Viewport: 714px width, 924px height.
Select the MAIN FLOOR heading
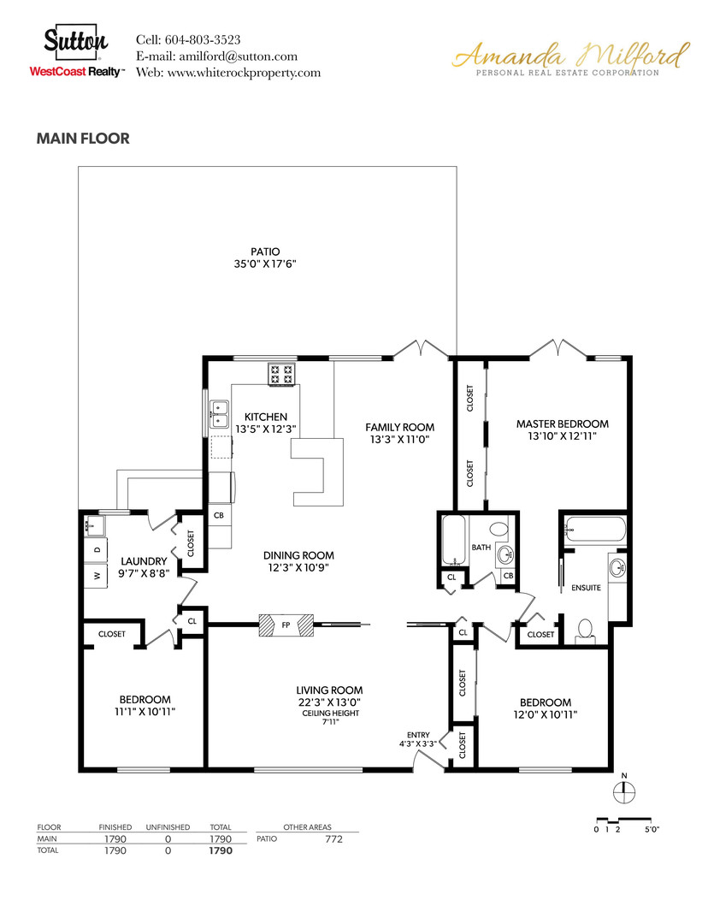[83, 139]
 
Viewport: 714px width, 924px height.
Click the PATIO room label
[265, 252]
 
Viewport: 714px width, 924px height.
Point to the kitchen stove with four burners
[280, 374]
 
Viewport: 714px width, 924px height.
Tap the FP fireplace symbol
[286, 625]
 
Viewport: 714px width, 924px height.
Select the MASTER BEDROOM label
[562, 423]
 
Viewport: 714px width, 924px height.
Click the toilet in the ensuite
[587, 630]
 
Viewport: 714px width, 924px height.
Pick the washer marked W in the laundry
[97, 576]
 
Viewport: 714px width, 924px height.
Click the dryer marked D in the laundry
[97, 548]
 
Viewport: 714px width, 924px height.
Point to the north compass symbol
[624, 791]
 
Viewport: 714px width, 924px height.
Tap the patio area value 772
[333, 839]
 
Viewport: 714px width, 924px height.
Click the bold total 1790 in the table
[221, 851]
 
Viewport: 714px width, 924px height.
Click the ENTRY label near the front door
[418, 735]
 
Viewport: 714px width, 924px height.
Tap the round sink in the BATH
[505, 553]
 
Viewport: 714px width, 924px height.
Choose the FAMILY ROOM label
[399, 427]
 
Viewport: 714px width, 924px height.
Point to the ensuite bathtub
[596, 530]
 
